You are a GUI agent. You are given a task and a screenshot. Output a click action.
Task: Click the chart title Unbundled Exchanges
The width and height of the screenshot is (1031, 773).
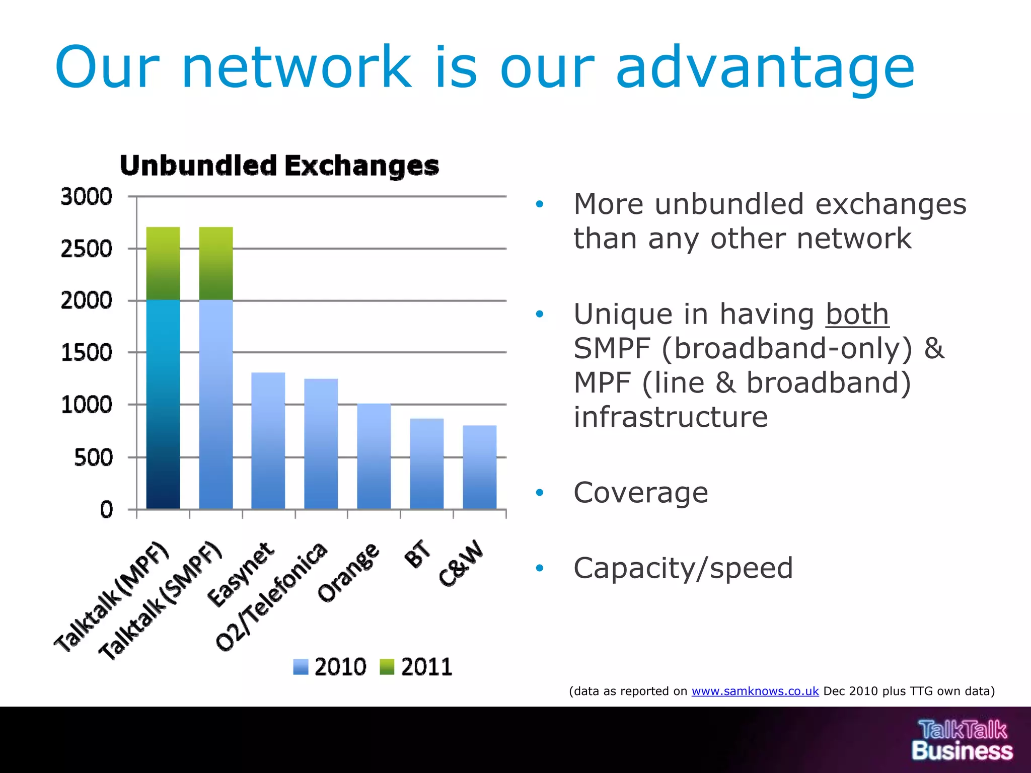click(x=279, y=166)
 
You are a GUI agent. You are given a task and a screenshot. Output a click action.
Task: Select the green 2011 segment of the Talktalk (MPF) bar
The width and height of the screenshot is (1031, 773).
click(x=163, y=263)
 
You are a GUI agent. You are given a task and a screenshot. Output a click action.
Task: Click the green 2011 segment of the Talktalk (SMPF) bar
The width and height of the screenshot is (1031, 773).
click(x=216, y=263)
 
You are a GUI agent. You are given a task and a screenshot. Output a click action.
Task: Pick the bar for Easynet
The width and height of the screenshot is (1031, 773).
click(x=268, y=441)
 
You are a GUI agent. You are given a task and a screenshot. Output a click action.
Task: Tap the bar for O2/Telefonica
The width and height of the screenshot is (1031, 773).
click(x=321, y=444)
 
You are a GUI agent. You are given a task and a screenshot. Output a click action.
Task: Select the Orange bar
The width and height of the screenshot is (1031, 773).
click(x=374, y=456)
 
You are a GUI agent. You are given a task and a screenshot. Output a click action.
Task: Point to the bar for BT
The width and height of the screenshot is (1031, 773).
click(x=427, y=463)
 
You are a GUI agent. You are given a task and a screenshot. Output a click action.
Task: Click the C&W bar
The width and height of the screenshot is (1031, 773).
click(x=480, y=467)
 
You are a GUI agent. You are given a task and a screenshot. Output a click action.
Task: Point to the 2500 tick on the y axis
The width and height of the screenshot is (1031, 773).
click(x=87, y=249)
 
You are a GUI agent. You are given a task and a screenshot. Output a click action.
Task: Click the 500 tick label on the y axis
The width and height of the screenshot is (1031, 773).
click(x=93, y=457)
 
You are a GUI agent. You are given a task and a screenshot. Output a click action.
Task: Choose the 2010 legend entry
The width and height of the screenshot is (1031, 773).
click(x=330, y=667)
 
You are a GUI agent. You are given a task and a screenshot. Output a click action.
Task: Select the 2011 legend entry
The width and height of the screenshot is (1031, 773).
click(x=416, y=667)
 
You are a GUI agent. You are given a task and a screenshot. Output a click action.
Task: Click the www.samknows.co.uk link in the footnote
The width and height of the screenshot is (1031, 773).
click(x=755, y=691)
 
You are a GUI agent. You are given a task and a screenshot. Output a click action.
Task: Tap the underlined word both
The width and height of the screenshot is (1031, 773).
click(x=857, y=315)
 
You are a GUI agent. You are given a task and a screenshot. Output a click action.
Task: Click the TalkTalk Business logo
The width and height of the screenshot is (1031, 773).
click(x=962, y=740)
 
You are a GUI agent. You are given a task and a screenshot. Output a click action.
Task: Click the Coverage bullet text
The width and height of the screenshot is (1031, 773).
click(x=641, y=493)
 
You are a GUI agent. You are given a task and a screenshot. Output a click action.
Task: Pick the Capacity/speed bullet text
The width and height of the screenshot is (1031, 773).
click(x=683, y=568)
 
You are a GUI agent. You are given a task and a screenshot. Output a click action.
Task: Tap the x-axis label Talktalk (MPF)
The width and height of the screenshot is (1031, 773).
click(x=112, y=596)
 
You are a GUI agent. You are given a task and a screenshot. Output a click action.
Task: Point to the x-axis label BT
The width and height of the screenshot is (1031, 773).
click(x=417, y=554)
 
